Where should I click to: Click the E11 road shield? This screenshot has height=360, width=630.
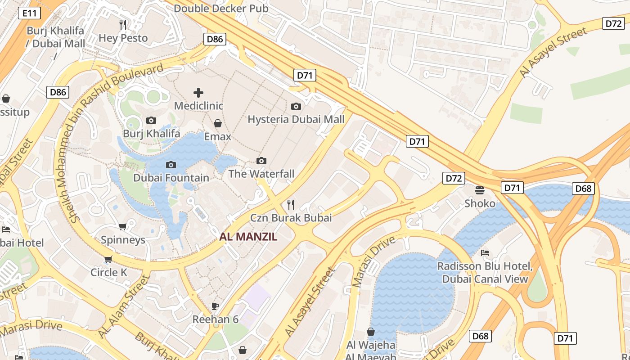point(30,13)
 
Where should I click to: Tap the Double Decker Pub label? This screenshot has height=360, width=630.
point(221,9)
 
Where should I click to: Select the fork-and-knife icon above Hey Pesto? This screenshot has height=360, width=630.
point(123,24)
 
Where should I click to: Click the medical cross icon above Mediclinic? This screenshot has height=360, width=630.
point(198,93)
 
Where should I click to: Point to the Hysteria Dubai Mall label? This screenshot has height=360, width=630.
point(296,119)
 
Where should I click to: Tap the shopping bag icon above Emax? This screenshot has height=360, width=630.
point(218,123)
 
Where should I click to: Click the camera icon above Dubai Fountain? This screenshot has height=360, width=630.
point(171,165)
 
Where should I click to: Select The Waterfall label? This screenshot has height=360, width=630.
point(261,174)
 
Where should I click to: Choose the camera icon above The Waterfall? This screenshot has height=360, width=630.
point(261,161)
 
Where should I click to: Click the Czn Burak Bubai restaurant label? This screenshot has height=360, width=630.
point(291,218)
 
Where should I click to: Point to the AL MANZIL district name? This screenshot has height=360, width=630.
point(248,237)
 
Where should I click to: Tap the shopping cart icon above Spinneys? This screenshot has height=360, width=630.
point(122,227)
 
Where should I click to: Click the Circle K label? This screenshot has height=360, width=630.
point(109,272)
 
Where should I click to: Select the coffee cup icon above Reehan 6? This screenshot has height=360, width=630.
point(215,306)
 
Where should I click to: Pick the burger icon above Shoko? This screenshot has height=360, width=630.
point(480,190)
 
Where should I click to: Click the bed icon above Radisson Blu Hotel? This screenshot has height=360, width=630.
point(485,253)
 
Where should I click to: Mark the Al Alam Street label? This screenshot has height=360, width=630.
point(123,306)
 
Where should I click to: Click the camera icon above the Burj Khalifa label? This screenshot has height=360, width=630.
point(151,120)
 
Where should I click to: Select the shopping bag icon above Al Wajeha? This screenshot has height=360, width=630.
point(371,332)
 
